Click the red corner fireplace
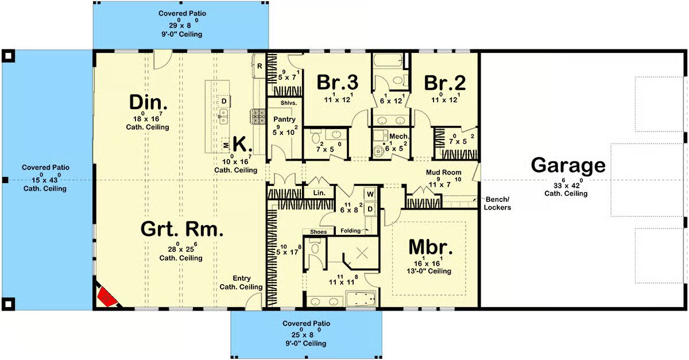point(107,297)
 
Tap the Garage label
point(568,165)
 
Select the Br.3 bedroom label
point(338,83)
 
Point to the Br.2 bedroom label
point(445,83)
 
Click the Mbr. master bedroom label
point(431,247)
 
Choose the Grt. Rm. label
point(182,229)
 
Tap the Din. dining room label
point(148,102)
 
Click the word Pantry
point(284,119)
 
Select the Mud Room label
point(443,172)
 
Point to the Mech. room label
point(399,136)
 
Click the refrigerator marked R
point(260,66)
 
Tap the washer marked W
point(370,194)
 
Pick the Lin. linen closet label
point(319,193)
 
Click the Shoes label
point(318,232)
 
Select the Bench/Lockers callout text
point(497,203)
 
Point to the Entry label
point(242,278)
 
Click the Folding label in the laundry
point(351,230)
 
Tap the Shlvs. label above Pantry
point(288,103)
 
